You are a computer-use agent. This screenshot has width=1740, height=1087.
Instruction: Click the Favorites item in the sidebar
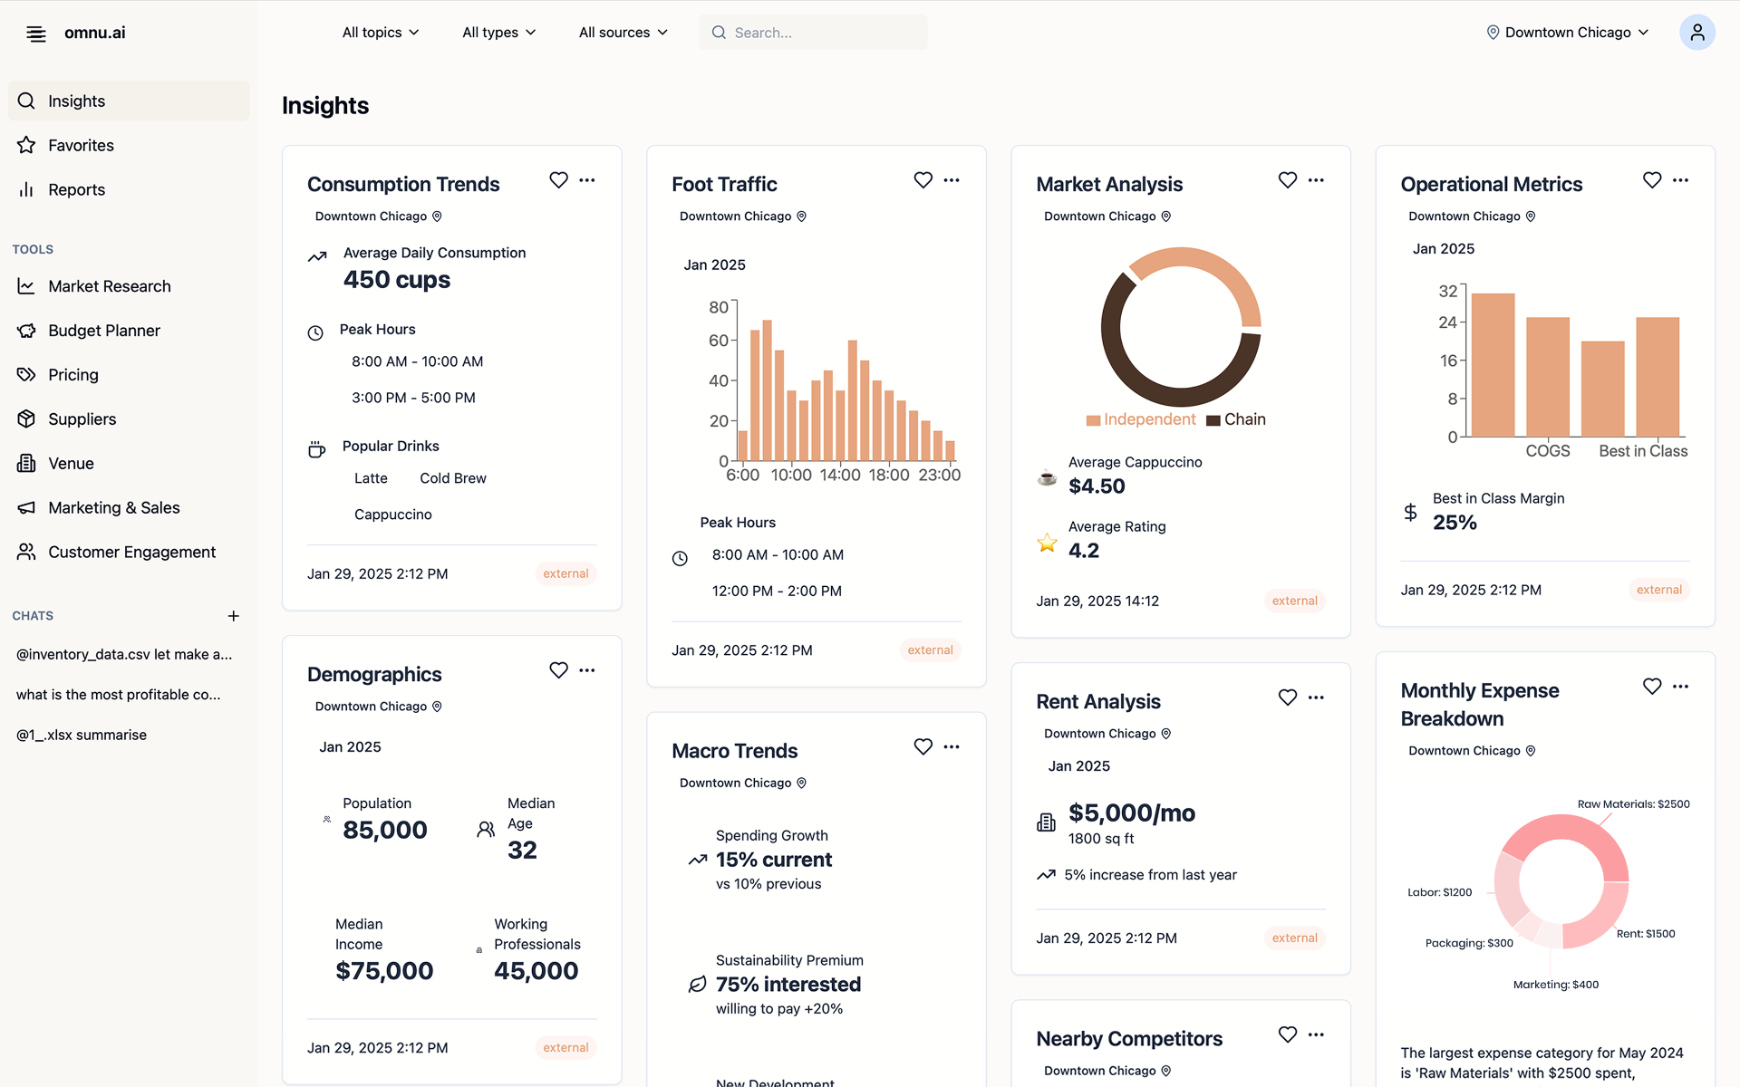(81, 145)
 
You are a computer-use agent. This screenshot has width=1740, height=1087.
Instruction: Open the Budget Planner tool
(103, 331)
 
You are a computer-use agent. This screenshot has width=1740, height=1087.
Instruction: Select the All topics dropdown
(381, 33)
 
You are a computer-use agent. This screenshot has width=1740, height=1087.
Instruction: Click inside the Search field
(816, 33)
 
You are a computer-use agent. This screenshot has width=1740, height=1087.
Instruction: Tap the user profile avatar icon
(1696, 33)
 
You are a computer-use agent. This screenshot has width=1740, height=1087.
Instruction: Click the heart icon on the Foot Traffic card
(923, 180)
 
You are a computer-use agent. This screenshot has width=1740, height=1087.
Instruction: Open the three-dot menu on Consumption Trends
(587, 180)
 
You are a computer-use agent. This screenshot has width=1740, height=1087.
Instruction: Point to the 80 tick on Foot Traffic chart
(719, 307)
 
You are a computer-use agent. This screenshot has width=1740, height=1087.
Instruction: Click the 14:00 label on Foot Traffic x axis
(839, 475)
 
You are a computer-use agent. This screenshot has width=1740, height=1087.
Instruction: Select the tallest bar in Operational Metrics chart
(1493, 364)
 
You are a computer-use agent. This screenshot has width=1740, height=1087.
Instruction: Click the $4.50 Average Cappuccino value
(1097, 486)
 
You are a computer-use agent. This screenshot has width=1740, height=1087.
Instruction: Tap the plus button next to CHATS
(233, 616)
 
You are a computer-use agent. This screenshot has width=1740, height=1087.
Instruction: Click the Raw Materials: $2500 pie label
(1633, 804)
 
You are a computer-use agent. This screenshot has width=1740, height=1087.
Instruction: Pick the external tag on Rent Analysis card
(1294, 938)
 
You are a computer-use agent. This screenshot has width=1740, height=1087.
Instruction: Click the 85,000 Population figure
(384, 830)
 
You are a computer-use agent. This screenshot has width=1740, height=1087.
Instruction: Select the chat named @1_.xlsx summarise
(82, 735)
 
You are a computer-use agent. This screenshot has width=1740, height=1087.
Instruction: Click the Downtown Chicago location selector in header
(1568, 33)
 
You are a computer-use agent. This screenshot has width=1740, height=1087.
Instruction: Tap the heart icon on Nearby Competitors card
(1287, 1034)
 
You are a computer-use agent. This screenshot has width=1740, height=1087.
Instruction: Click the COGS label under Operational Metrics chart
(1547, 451)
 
